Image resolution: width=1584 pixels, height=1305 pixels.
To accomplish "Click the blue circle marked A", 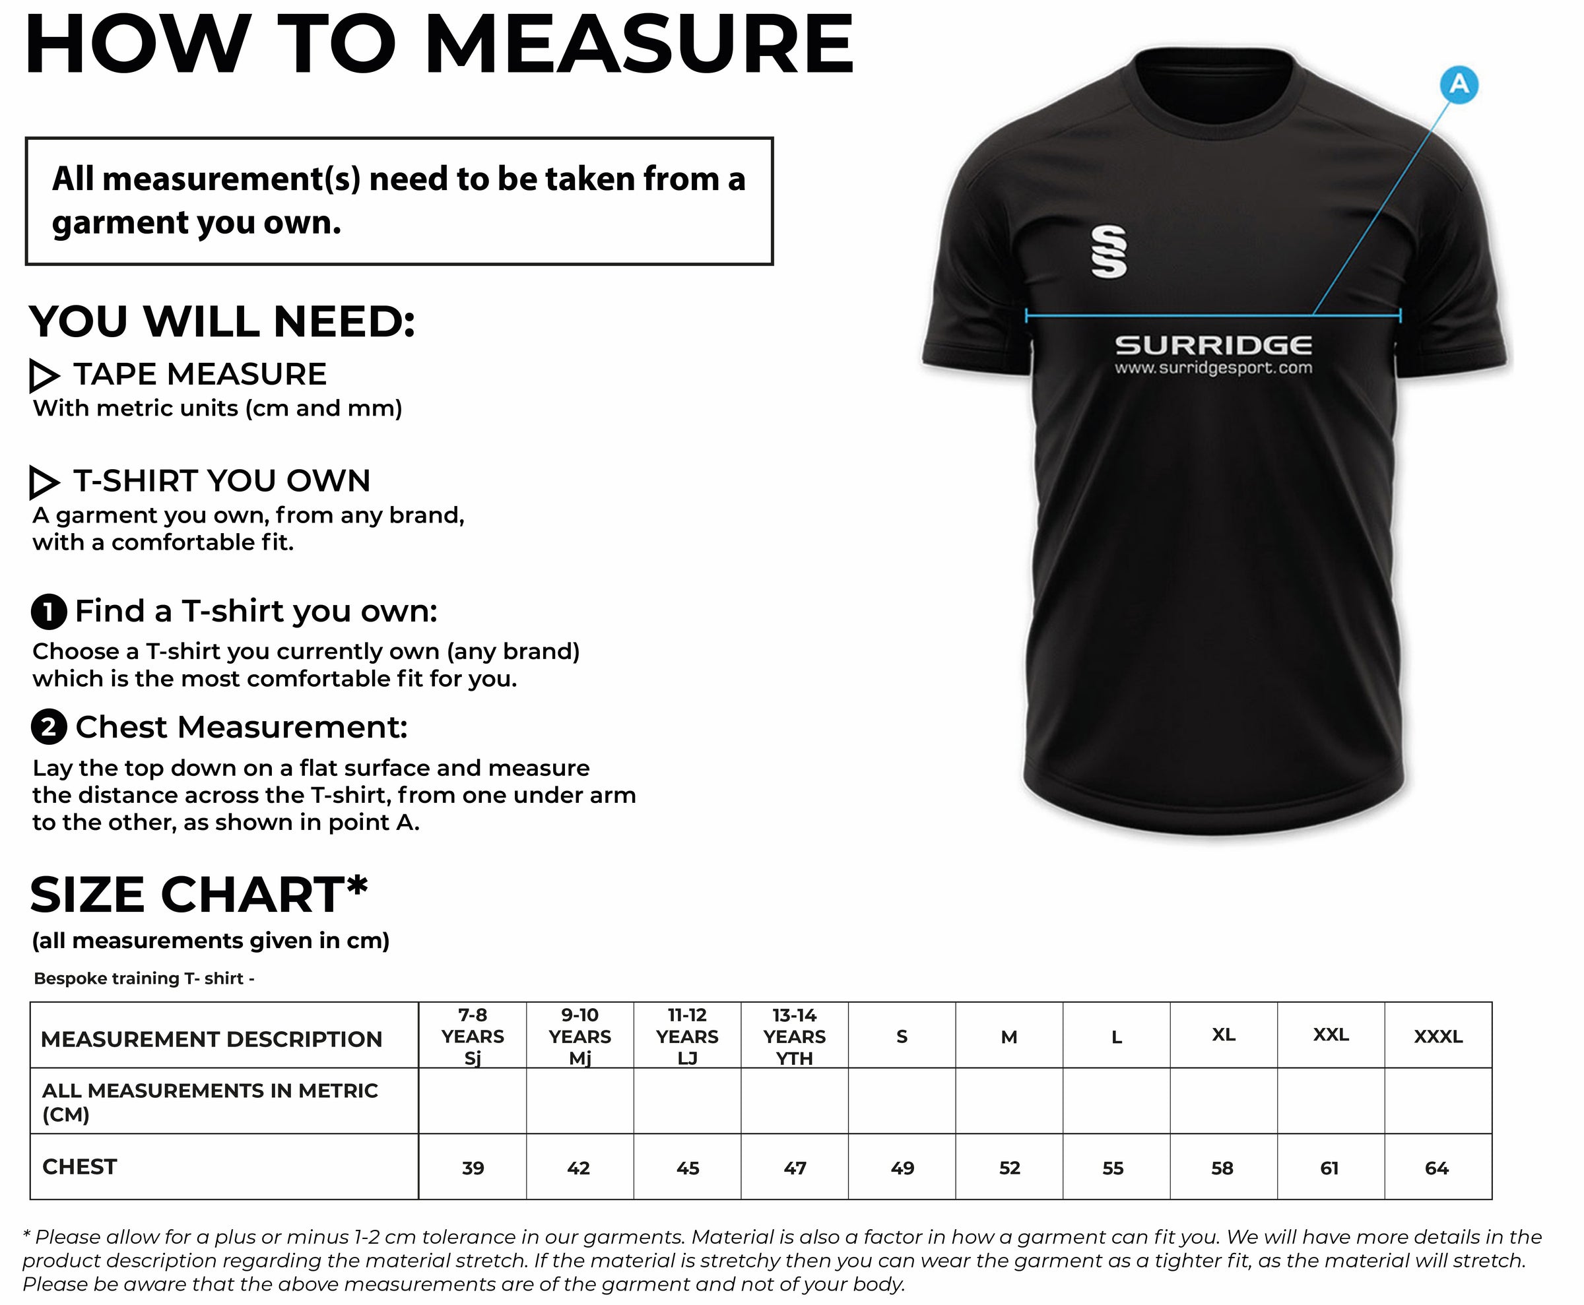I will coord(1459,84).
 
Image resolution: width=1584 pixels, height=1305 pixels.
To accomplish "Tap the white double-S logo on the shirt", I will coord(1109,252).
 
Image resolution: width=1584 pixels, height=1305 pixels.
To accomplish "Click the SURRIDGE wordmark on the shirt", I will coord(1213,345).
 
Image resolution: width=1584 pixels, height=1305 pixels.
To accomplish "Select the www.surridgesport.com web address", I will coord(1213,368).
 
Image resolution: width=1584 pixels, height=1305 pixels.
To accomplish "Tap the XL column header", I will coord(1224,1035).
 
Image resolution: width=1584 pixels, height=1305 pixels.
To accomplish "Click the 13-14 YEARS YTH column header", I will coord(794,1036).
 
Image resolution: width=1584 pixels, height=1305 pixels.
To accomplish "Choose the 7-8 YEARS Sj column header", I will coord(473,1036).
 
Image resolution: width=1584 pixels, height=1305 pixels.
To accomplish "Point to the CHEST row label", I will coord(80,1166).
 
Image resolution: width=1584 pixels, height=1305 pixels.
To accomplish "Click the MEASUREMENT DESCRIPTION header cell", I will coord(211,1039).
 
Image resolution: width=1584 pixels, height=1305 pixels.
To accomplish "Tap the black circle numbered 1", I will coord(49,612).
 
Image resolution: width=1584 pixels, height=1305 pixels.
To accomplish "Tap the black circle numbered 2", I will coord(49,728).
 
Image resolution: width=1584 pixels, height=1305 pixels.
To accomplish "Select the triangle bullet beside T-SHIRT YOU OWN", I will coord(44,482).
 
